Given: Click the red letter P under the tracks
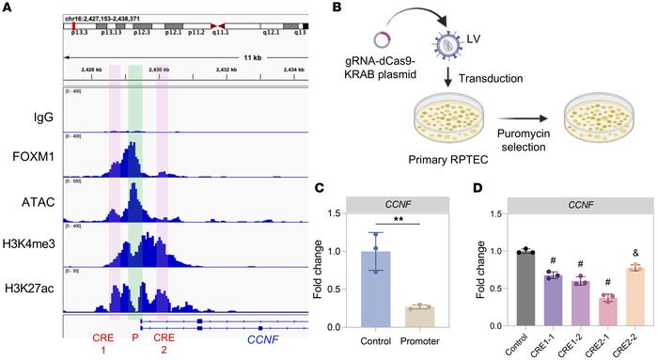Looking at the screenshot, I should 135,336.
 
